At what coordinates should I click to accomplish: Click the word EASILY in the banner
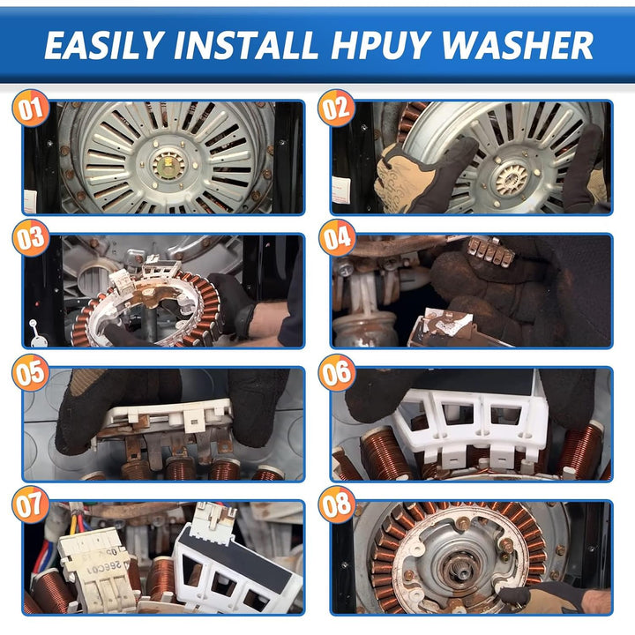[x=104, y=45]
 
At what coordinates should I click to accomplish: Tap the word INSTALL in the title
[x=246, y=45]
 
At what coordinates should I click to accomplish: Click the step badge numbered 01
[x=31, y=108]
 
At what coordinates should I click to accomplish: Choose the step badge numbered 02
[x=337, y=108]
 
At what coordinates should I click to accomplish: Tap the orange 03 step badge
[x=31, y=238]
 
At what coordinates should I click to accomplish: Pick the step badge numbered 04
[x=337, y=238]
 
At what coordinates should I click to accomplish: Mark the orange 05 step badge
[x=31, y=372]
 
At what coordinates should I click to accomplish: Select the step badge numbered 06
[x=337, y=372]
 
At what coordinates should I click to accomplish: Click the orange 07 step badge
[x=31, y=504]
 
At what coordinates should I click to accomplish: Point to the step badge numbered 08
[x=337, y=504]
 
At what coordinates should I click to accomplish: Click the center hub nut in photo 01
[x=168, y=164]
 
